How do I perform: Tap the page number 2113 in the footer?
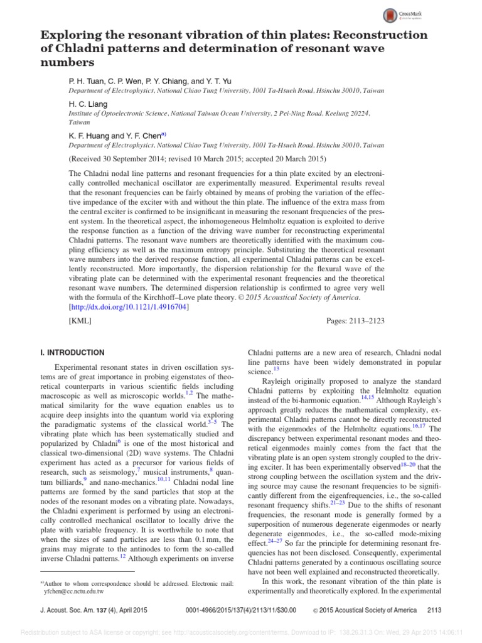click(x=434, y=609)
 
